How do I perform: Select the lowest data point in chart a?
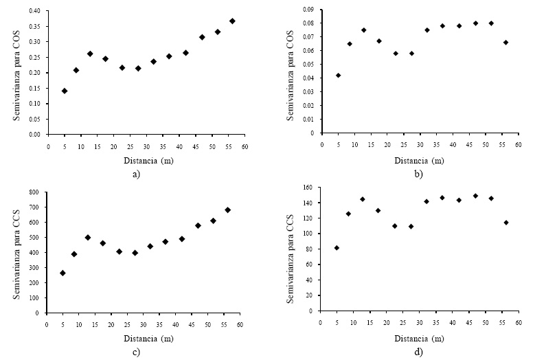click(x=65, y=91)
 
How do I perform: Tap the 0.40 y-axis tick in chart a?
click(x=34, y=11)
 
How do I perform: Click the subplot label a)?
click(x=136, y=173)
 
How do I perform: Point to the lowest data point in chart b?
click(x=338, y=76)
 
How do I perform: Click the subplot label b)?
click(x=419, y=173)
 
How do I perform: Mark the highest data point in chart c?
click(x=227, y=210)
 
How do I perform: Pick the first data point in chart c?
click(x=62, y=273)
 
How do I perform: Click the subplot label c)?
click(x=136, y=353)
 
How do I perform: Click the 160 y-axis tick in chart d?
click(x=307, y=188)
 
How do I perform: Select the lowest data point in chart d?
click(x=337, y=248)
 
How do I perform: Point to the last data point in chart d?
click(x=505, y=223)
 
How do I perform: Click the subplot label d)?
click(x=419, y=353)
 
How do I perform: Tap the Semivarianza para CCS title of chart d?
click(x=292, y=249)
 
